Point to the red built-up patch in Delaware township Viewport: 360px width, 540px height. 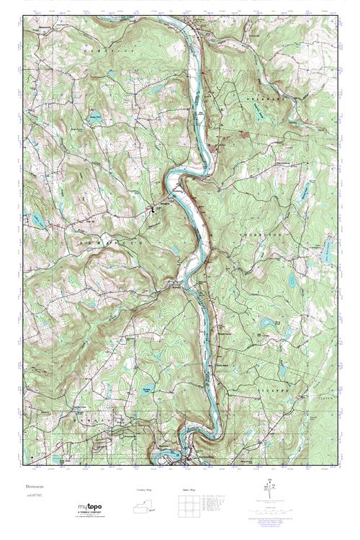point(243,134)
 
